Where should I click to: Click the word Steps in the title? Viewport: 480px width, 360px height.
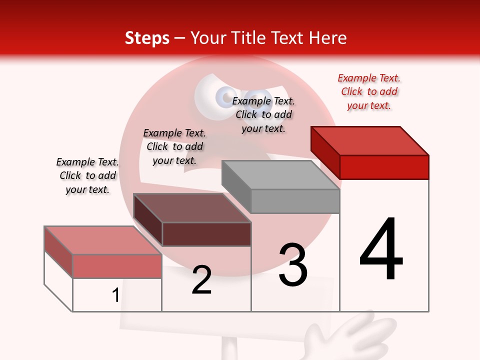point(147,38)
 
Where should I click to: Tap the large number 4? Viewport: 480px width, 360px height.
point(381,249)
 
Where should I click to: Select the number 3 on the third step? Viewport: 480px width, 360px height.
point(293,264)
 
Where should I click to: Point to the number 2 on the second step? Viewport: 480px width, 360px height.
point(201,280)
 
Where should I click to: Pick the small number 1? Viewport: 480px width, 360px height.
point(115,295)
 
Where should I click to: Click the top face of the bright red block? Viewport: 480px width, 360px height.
point(370,140)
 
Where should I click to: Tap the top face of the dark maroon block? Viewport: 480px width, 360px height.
point(192,208)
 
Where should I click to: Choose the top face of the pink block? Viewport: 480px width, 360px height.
point(103,240)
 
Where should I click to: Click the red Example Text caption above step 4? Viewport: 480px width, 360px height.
point(369,92)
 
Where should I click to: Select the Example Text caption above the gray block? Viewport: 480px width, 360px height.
point(263,114)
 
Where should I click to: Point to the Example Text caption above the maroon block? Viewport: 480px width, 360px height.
point(174,146)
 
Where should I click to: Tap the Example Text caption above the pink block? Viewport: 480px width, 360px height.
point(87,175)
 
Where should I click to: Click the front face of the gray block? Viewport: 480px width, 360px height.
point(295,201)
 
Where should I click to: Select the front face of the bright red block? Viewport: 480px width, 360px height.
point(384,167)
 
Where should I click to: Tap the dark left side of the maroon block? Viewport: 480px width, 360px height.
point(148,220)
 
